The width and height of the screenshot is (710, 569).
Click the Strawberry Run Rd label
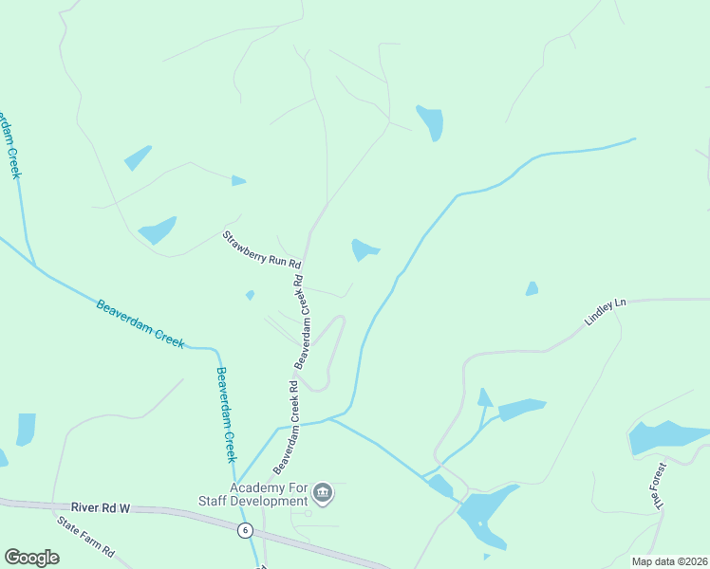[x=262, y=248]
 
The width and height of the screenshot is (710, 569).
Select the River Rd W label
[x=99, y=509]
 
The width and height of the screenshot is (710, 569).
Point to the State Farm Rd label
[x=84, y=537]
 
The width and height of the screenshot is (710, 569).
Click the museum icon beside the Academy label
[x=323, y=492]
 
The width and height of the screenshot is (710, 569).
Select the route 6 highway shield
[x=246, y=530]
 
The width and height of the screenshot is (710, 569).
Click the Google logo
[x=31, y=558]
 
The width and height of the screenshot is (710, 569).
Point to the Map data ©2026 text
[x=668, y=561]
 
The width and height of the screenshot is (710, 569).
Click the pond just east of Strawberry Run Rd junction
[x=364, y=249]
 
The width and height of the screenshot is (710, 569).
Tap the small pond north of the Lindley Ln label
[x=532, y=288]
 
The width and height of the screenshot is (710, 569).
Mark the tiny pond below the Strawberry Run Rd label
[x=251, y=295]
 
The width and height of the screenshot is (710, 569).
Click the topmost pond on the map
[x=431, y=121]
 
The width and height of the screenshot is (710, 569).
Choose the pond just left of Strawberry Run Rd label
[x=158, y=229]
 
